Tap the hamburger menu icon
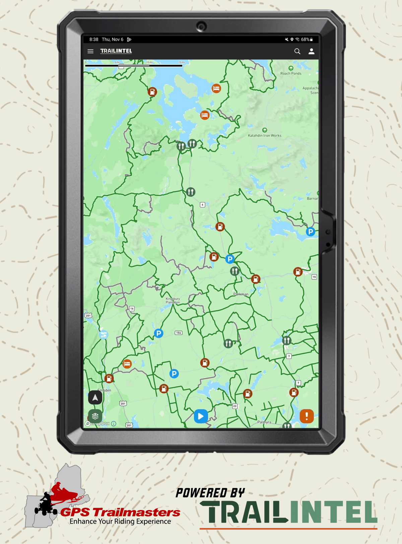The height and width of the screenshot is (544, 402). (x=90, y=51)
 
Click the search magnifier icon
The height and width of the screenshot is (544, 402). (x=297, y=51)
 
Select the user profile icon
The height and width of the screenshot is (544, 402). (x=312, y=51)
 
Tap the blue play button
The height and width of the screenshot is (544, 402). (x=201, y=416)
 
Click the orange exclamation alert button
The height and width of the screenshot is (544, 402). (x=307, y=416)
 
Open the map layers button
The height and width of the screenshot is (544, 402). (x=95, y=416)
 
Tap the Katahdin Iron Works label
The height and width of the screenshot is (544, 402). (x=265, y=135)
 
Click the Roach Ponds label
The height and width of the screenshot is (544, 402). (x=291, y=73)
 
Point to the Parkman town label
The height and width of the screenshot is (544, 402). (x=241, y=294)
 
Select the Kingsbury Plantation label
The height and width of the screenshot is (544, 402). (x=173, y=300)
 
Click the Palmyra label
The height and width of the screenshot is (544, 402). (x=264, y=422)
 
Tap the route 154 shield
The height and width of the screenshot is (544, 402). (x=179, y=333)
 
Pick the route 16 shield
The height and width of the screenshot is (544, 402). (x=132, y=308)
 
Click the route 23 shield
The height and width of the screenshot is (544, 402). (x=235, y=406)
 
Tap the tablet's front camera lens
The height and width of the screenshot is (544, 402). (x=201, y=26)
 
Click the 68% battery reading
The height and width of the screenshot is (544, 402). (x=305, y=40)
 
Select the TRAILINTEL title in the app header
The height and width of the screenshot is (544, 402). (x=116, y=51)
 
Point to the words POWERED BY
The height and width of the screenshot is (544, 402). (x=210, y=493)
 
